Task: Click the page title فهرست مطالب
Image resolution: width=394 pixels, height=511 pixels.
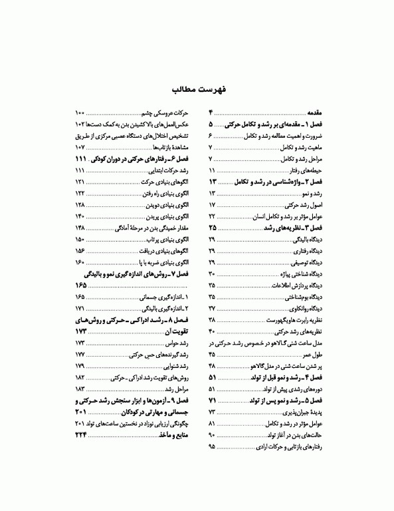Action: pyautogui.click(x=197, y=89)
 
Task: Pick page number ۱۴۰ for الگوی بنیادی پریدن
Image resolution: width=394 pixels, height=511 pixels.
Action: pyautogui.click(x=80, y=217)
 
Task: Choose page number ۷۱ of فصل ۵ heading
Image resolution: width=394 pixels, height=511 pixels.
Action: pyautogui.click(x=212, y=401)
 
